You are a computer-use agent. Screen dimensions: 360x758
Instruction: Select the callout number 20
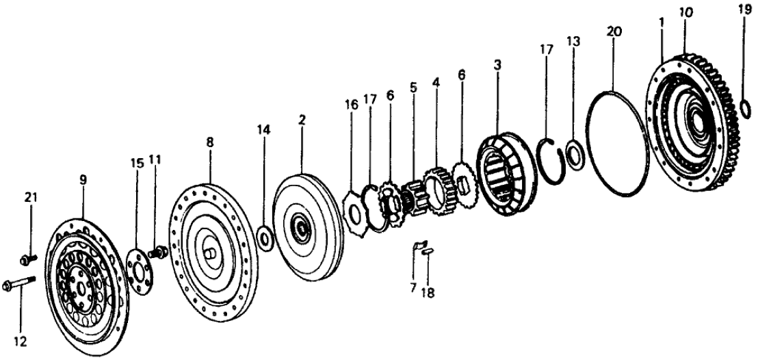613,32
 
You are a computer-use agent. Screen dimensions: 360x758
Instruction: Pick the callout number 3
498,66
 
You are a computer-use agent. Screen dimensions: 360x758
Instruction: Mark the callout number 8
210,142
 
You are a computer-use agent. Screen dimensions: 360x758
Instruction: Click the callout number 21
30,198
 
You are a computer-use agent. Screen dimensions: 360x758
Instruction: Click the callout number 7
413,287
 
